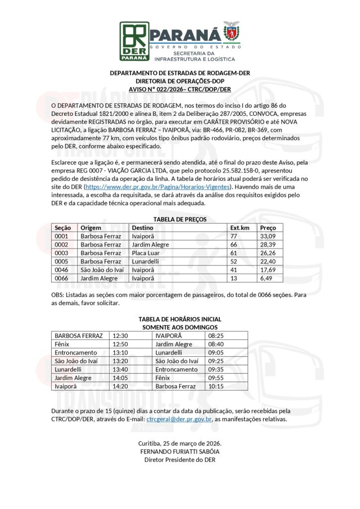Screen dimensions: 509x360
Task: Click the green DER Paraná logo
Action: click(x=134, y=41)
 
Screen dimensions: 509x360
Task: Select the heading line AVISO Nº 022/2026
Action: click(x=180, y=89)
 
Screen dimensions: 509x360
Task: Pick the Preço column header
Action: click(x=268, y=228)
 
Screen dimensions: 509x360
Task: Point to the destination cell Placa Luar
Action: click(x=145, y=253)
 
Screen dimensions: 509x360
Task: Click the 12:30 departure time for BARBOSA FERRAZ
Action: click(x=120, y=336)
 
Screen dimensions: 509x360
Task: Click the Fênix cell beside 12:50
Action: click(x=64, y=344)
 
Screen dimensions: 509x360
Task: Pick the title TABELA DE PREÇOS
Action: click(x=180, y=219)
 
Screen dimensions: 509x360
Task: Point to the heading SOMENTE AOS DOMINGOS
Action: click(x=180, y=327)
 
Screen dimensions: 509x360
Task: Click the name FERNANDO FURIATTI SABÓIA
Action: click(x=180, y=452)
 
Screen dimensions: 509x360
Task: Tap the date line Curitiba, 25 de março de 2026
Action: click(x=180, y=443)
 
